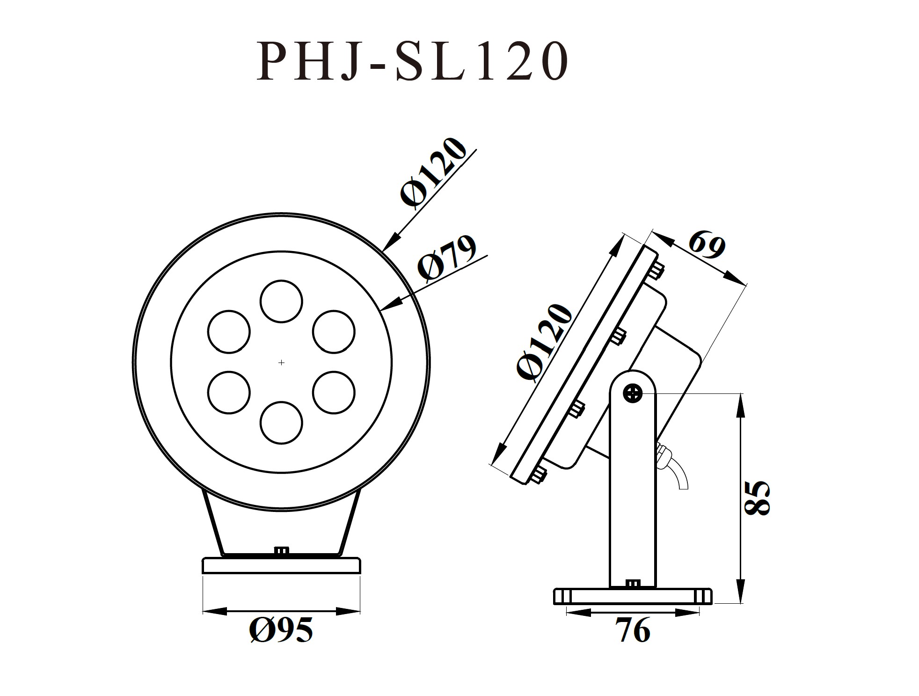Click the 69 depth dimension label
coord(707,245)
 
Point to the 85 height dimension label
coord(756,497)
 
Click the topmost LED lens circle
coord(281,301)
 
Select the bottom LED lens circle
coord(281,422)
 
